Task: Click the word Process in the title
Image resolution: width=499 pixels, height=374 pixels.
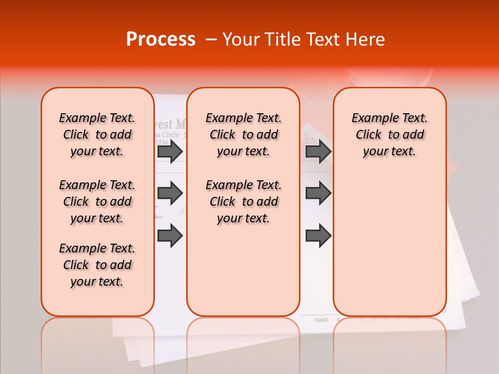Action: tap(161, 39)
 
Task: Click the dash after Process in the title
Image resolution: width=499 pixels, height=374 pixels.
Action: tap(211, 40)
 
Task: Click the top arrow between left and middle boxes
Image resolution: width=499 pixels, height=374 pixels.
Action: tap(170, 151)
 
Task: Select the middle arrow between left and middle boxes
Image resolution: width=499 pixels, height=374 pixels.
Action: tap(170, 193)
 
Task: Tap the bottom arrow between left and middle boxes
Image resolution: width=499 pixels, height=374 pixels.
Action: tap(170, 236)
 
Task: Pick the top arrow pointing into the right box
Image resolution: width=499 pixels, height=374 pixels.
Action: tap(318, 151)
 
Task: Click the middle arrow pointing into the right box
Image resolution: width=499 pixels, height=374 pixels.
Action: tap(318, 193)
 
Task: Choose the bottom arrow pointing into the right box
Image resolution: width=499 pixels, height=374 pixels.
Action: tap(318, 236)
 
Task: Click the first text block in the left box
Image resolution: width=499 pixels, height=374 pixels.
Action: tap(97, 135)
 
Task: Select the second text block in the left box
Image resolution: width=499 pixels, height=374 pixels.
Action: tap(97, 202)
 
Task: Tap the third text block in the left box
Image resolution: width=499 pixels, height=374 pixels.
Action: tap(97, 265)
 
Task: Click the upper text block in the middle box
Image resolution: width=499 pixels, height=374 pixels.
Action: tap(243, 135)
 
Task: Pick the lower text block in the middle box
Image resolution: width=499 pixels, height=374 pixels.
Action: tap(243, 202)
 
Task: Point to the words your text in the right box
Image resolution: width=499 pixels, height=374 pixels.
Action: tap(389, 152)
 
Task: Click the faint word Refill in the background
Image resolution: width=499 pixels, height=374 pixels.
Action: tap(321, 320)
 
